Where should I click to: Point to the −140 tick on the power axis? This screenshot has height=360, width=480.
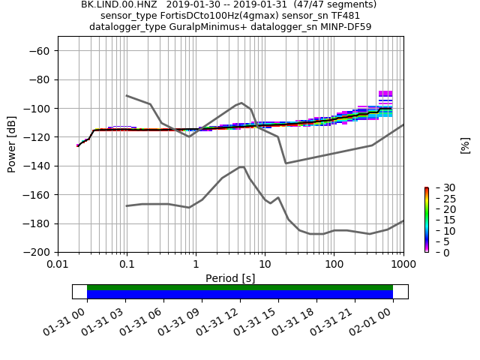point(37,166)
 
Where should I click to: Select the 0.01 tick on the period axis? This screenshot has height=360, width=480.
point(58,265)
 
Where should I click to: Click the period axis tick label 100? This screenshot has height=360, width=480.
point(334,265)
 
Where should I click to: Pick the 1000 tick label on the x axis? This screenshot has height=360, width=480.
point(403,265)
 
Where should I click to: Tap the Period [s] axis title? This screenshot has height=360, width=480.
point(230,278)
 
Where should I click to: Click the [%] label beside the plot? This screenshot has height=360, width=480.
point(465,145)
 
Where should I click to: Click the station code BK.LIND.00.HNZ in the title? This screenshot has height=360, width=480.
point(118,4)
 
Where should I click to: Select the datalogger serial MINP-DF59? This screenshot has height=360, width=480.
point(343,27)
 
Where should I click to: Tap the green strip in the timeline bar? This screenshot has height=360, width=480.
point(240,287)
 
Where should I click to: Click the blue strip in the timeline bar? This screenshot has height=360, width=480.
point(240,295)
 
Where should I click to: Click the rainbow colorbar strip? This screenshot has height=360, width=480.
point(426,220)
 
